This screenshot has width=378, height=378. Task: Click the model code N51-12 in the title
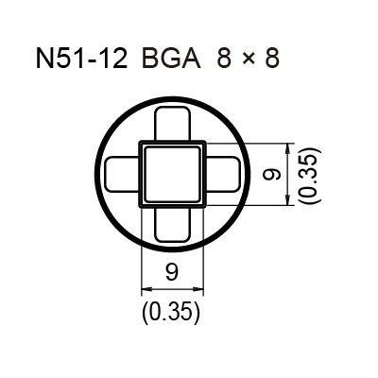point(82,59)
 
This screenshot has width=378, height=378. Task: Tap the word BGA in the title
point(171,59)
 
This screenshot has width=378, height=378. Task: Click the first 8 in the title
point(223,59)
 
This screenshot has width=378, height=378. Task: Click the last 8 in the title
point(272,59)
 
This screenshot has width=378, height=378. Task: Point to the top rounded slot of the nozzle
point(173,124)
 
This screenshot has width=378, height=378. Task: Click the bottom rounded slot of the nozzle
point(173,224)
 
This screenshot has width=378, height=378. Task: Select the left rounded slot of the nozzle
point(122,174)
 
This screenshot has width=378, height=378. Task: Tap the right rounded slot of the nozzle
point(223,174)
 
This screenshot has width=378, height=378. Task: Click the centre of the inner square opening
point(172,174)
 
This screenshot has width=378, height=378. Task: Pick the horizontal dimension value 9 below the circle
point(172,272)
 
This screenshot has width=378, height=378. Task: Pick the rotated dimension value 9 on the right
point(271,174)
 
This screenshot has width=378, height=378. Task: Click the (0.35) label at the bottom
point(171,313)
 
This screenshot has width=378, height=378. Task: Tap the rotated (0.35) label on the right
point(310,175)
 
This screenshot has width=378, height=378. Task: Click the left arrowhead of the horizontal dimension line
point(146,288)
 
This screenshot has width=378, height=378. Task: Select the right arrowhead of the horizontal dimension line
point(198,288)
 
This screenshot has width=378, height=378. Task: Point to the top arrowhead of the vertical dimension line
point(287,148)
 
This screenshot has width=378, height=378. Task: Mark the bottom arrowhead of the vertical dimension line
point(287,200)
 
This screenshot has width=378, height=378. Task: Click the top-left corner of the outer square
point(139,141)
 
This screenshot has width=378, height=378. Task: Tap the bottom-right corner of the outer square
point(205,207)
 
